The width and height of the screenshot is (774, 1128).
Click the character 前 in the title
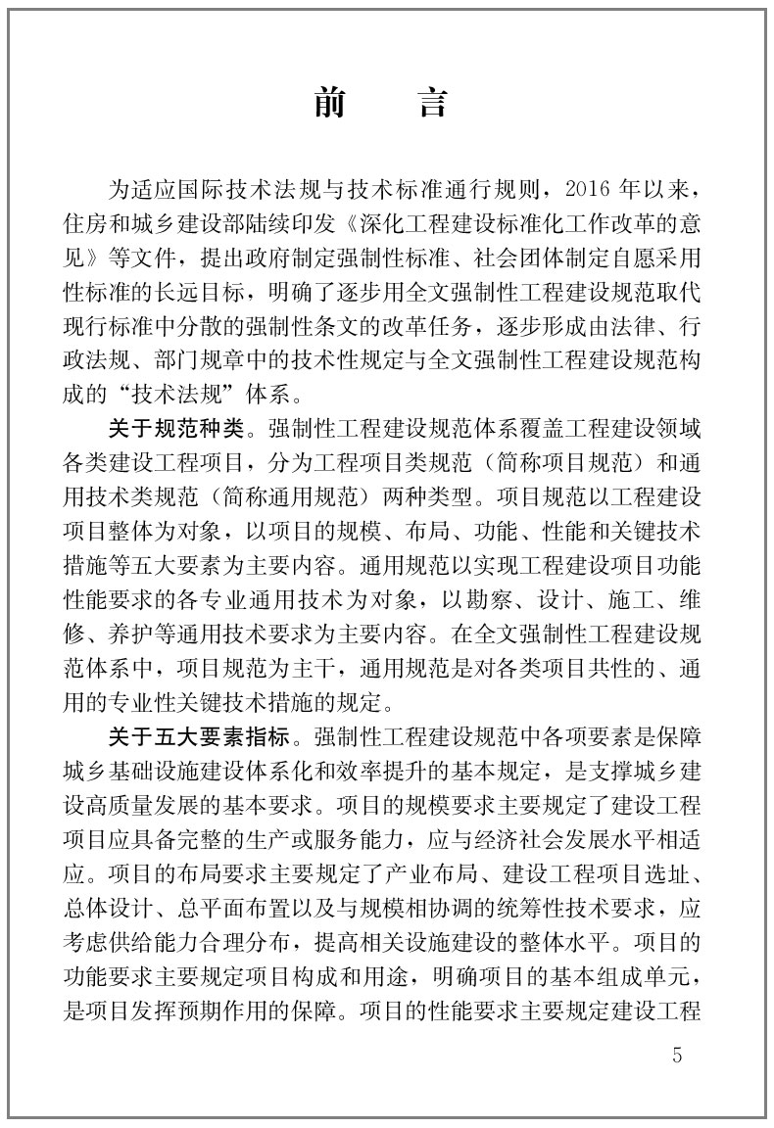tap(332, 101)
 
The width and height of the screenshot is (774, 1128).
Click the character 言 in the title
tap(433, 101)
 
